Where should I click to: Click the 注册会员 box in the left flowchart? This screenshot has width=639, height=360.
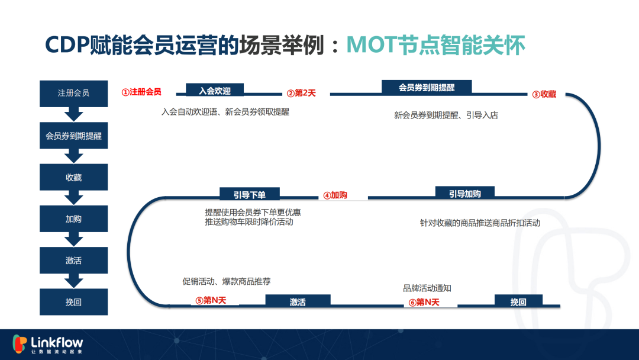click(x=74, y=94)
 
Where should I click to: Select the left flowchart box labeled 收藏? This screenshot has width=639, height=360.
click(x=74, y=177)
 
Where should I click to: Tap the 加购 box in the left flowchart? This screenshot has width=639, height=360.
click(x=74, y=218)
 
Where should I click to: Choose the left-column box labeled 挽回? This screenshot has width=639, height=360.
click(x=74, y=302)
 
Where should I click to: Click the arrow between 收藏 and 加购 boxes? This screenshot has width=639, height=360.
click(x=74, y=197)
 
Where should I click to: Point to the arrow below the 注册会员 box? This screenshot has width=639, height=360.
click(x=74, y=114)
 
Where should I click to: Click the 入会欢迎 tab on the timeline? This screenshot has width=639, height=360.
click(x=215, y=90)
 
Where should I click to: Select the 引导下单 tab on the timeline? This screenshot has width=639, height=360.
click(x=250, y=194)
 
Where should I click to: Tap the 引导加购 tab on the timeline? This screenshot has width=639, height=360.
click(x=465, y=193)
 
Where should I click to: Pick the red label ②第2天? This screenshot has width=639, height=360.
click(x=301, y=94)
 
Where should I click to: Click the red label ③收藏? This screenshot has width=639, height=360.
click(x=544, y=94)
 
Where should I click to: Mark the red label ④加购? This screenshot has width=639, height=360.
click(x=335, y=195)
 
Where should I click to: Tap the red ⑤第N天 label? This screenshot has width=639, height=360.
click(x=211, y=300)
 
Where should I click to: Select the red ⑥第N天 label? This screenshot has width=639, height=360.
click(x=424, y=302)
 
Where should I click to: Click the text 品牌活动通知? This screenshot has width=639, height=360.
click(x=427, y=288)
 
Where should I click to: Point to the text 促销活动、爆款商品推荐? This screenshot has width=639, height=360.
click(x=226, y=281)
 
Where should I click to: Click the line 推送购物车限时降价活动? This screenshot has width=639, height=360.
click(x=249, y=222)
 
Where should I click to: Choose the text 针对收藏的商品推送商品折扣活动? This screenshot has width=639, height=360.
click(x=480, y=223)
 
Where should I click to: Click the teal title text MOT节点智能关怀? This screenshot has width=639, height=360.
click(x=435, y=45)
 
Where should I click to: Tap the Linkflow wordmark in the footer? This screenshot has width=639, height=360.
click(x=57, y=342)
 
